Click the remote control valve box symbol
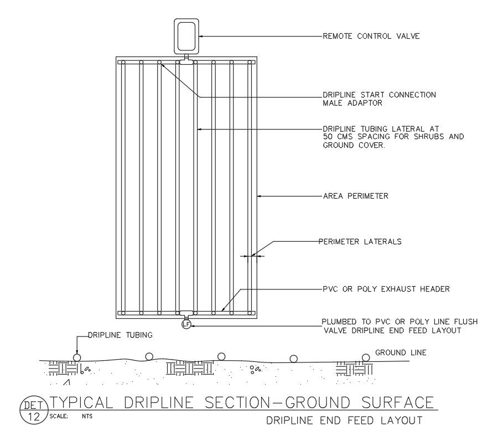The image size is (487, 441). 186,35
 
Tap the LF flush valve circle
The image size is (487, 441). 186,324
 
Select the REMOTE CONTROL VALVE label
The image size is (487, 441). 371,37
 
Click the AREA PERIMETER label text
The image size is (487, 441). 355,196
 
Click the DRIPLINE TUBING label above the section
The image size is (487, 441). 120,335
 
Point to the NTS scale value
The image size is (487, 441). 87,416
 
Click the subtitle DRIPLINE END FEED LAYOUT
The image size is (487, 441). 345,421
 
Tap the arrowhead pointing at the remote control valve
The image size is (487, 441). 201,37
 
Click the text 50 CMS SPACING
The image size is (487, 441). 348,137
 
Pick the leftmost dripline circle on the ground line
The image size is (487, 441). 77,357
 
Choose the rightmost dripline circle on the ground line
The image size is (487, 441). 365,357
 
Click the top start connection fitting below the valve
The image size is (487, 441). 186,63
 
